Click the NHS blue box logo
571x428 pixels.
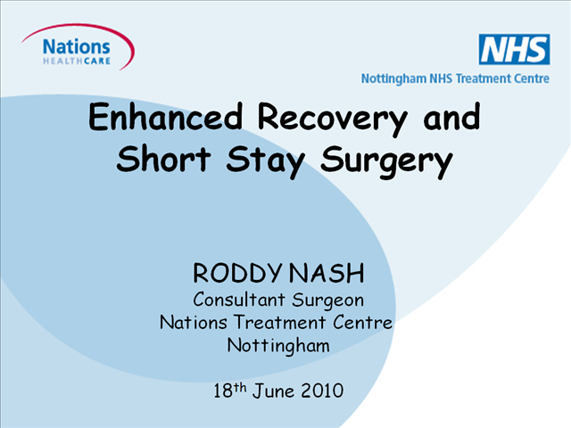(514, 49)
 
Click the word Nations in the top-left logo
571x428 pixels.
(77, 47)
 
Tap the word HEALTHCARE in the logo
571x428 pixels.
(77, 61)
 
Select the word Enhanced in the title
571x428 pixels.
(166, 117)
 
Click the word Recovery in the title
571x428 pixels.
(333, 119)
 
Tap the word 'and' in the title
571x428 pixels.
(451, 117)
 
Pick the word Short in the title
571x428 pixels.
(163, 159)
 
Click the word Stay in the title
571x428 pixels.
(266, 161)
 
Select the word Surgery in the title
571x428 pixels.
(386, 162)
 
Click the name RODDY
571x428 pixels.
(237, 273)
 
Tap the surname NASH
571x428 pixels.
(327, 273)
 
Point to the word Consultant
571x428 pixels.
(239, 300)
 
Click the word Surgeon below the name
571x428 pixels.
(327, 300)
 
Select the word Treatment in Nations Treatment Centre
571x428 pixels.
(279, 322)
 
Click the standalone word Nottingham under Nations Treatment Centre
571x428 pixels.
(278, 345)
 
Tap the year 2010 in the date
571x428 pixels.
(322, 391)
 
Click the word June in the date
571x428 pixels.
(274, 391)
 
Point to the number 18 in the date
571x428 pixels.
(223, 391)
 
